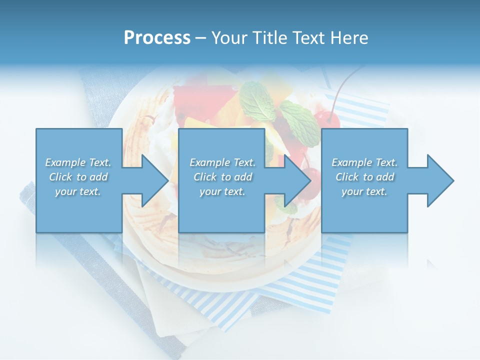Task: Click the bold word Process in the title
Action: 157,38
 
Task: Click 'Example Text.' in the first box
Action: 78,162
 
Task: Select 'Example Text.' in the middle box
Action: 222,162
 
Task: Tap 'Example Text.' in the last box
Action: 364,162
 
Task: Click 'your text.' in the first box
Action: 78,191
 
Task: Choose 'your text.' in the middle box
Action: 222,191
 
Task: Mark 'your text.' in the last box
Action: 364,191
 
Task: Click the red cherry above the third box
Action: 328,120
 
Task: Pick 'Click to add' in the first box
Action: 78,177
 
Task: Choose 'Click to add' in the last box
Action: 364,177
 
